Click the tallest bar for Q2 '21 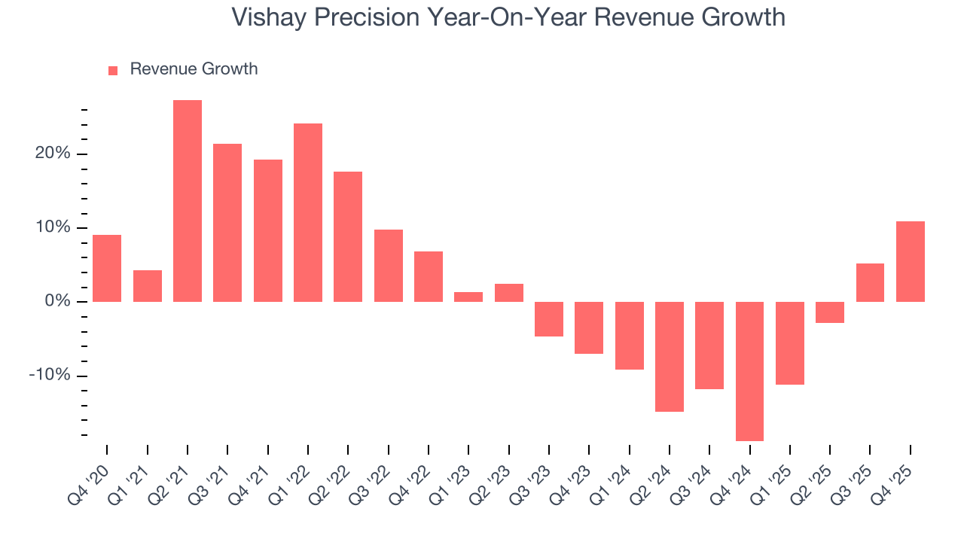point(188,201)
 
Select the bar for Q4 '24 point(749,371)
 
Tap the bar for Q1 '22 point(308,212)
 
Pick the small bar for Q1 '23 point(468,297)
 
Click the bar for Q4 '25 point(910,261)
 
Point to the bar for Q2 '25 point(830,312)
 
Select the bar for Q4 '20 point(107,268)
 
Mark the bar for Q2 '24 point(670,357)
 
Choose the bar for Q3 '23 point(549,319)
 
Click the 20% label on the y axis point(52,154)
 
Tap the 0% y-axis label point(57,302)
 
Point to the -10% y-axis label point(50,376)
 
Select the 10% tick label point(52,227)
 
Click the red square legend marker point(113,70)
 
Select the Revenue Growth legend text point(194,69)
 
